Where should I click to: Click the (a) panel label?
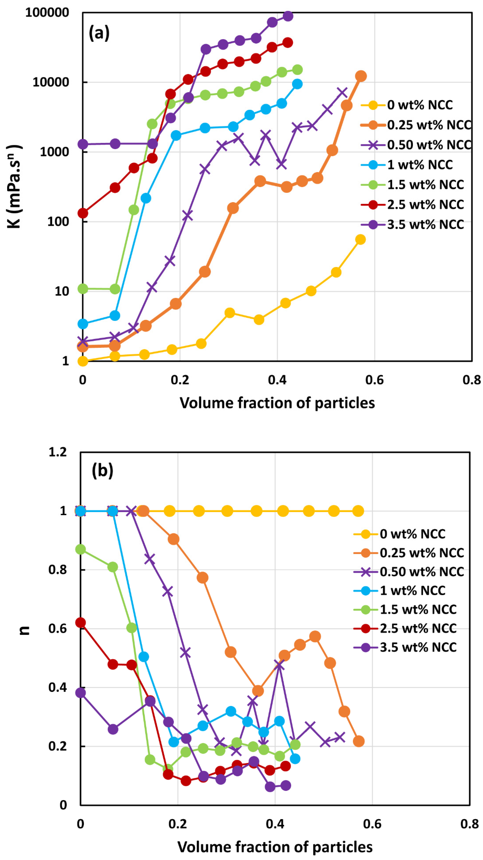click(99, 33)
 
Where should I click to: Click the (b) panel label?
click(102, 470)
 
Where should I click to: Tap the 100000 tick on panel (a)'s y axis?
click(47, 13)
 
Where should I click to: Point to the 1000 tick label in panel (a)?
click(54, 152)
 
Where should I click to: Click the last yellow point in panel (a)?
click(360, 239)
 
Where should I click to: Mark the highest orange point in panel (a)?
click(361, 76)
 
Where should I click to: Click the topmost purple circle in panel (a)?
click(288, 16)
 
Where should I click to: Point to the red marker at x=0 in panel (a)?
click(83, 213)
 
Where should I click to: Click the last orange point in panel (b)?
click(358, 741)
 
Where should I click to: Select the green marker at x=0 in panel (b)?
click(80, 549)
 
